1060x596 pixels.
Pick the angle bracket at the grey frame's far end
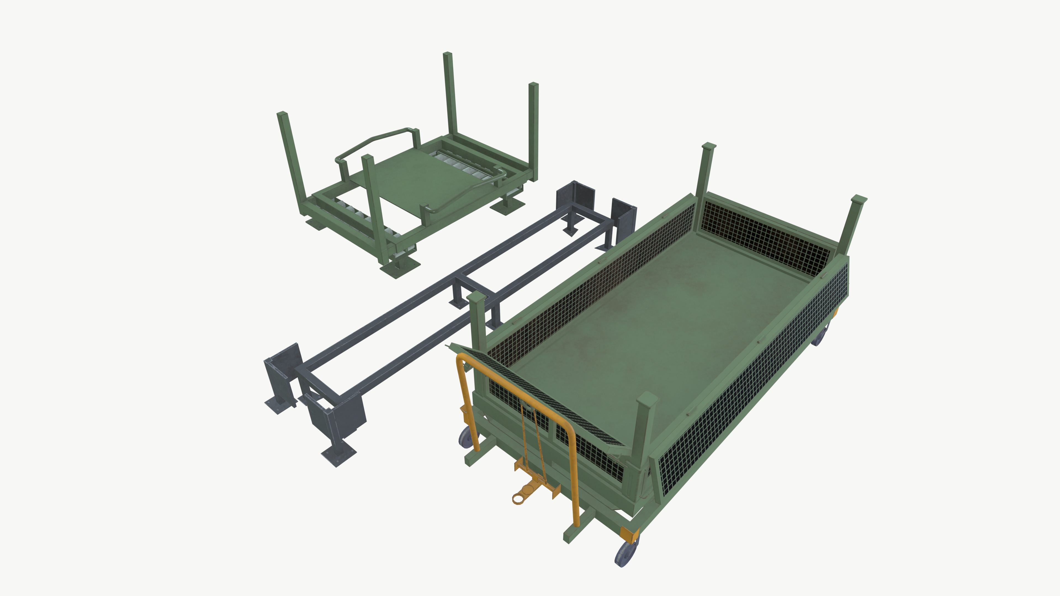tap(576, 195)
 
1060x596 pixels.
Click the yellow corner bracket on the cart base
tap(629, 534)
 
